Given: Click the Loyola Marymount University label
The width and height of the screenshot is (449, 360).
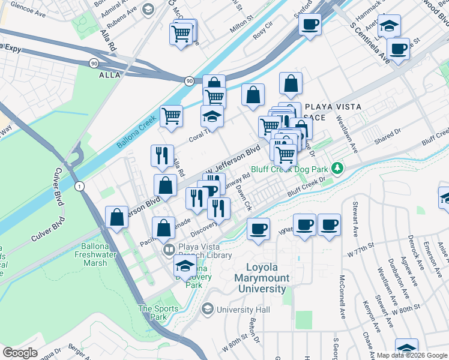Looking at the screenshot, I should pos(267,278).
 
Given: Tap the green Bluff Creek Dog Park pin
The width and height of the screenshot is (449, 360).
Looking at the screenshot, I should pos(339,166).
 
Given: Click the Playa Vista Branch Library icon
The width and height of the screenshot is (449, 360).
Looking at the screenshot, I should pos(169,249).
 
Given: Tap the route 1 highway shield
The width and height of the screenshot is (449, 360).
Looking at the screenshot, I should pos(79,187).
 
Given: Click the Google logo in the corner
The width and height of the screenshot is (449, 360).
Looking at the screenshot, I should pos(20,353).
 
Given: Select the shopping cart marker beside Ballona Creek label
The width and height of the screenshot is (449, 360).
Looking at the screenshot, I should pos(171,117).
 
